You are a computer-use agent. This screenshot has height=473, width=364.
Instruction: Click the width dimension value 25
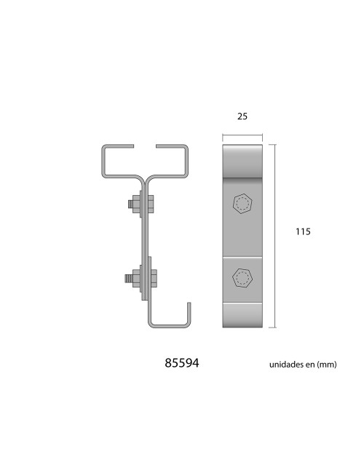click(242, 116)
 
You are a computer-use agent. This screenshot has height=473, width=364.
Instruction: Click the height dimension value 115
click(304, 232)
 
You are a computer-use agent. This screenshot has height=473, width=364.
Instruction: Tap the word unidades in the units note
click(282, 364)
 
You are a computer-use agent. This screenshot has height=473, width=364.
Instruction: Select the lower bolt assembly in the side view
click(138, 277)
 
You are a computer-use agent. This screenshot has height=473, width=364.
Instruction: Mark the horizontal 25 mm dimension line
click(242, 135)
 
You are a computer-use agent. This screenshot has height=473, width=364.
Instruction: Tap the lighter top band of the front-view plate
click(242, 160)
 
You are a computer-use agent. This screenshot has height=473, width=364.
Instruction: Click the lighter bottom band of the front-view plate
click(242, 315)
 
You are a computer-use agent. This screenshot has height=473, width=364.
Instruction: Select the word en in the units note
click(309, 364)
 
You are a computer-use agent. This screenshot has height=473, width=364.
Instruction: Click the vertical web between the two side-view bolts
click(145, 240)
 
